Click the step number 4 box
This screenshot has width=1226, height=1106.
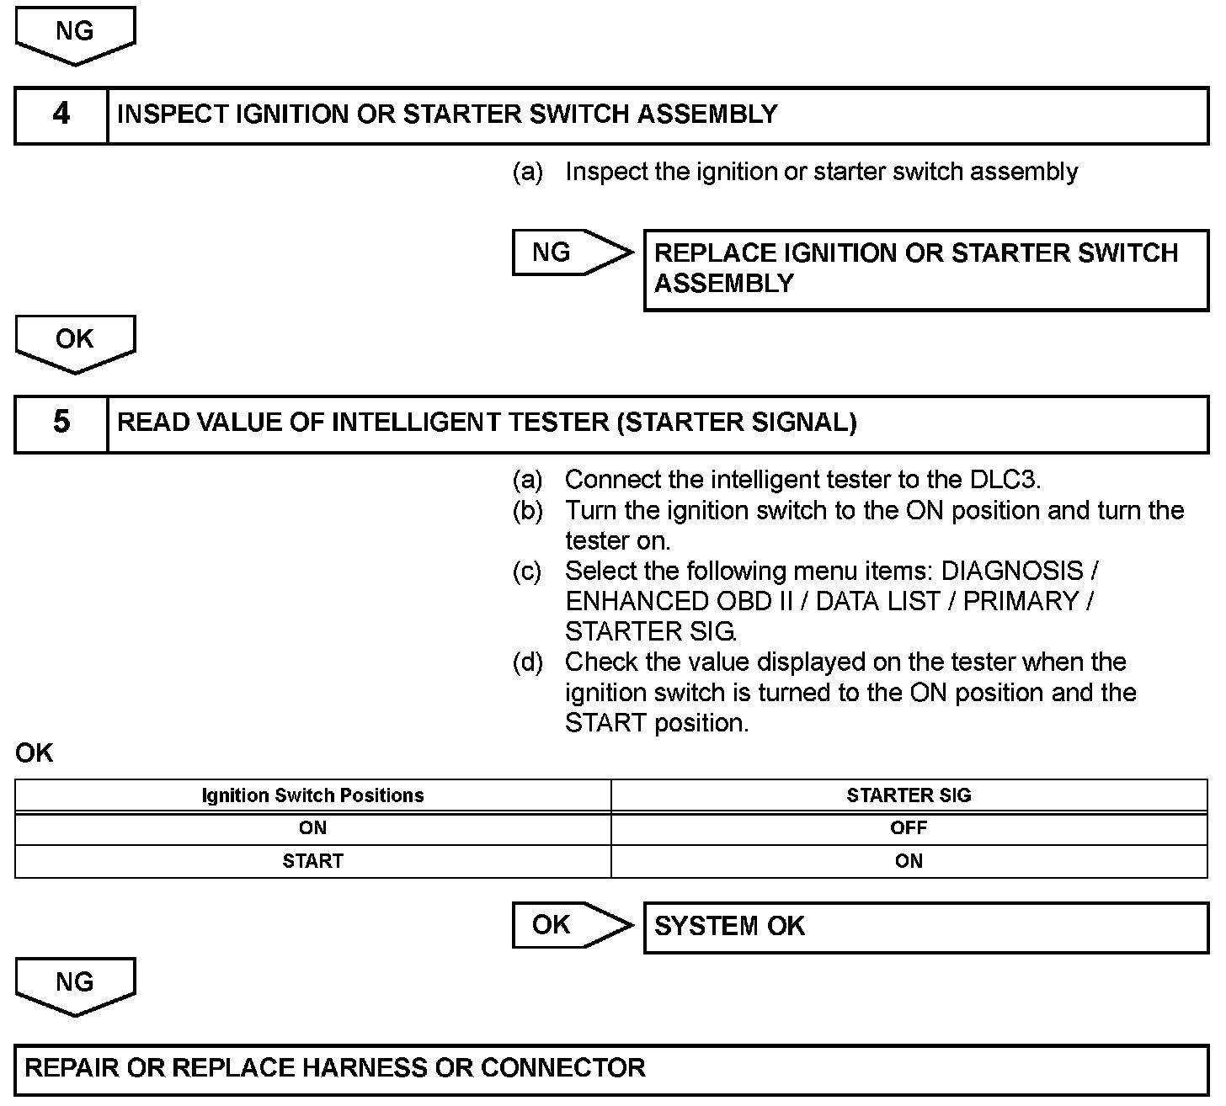(x=61, y=114)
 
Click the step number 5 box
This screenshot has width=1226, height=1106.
(x=61, y=423)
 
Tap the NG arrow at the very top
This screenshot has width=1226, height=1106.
(x=75, y=34)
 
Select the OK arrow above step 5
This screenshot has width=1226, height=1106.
(x=75, y=342)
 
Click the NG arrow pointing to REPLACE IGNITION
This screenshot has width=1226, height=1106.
(x=571, y=252)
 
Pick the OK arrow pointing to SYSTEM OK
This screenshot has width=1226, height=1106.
(x=571, y=925)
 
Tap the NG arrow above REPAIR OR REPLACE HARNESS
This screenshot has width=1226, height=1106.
(x=75, y=985)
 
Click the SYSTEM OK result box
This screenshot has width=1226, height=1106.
(x=925, y=927)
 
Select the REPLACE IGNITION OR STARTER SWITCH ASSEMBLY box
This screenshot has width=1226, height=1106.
(x=925, y=269)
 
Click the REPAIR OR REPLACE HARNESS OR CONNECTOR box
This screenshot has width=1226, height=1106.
(x=611, y=1069)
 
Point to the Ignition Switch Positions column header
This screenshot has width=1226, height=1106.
(x=312, y=795)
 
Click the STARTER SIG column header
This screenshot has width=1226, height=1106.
(x=909, y=795)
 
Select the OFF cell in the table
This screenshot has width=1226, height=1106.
(x=909, y=828)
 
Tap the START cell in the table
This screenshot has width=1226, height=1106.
(x=312, y=861)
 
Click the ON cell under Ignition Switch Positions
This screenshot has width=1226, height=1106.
(x=312, y=828)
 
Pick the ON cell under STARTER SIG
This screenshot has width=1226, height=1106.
(x=909, y=861)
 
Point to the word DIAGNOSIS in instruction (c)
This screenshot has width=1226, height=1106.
(x=1011, y=571)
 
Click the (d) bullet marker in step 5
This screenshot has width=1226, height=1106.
(x=527, y=662)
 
